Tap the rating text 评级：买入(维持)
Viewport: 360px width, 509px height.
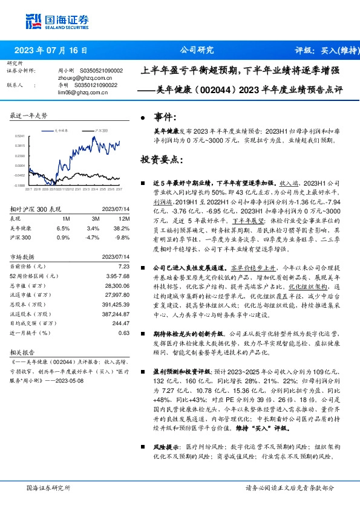pyautogui.click(x=326, y=51)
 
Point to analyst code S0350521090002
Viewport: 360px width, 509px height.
pyautogui.click(x=102, y=71)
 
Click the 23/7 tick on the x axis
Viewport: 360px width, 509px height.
pyautogui.click(x=119, y=188)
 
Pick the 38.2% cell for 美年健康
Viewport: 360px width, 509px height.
pyautogui.click(x=122, y=228)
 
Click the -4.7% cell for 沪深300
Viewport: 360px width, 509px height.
pyautogui.click(x=93, y=237)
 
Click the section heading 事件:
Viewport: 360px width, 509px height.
pyautogui.click(x=165, y=117)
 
